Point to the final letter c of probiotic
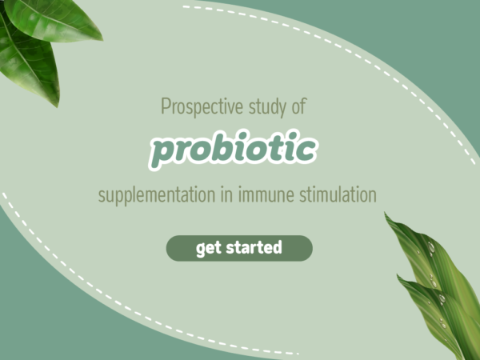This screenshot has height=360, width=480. coord(307,149)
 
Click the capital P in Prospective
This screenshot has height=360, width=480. coord(166,106)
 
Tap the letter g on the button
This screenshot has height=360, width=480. coord(200,250)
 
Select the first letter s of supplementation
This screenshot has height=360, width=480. coord(102,197)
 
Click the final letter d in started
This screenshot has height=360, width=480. coord(278,248)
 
